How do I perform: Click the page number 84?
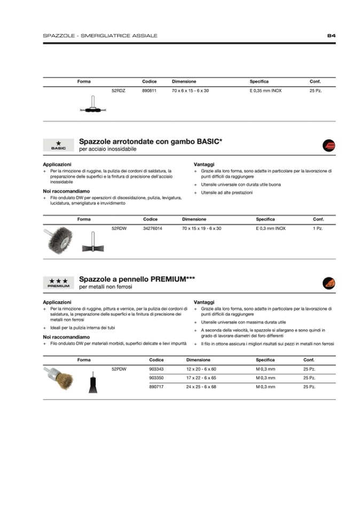pyautogui.click(x=331, y=36)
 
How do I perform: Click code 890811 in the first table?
pyautogui.click(x=149, y=91)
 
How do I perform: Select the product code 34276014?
pyautogui.click(x=153, y=228)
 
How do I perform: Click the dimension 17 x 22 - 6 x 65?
pyautogui.click(x=201, y=377)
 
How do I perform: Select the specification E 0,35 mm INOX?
pyautogui.click(x=265, y=91)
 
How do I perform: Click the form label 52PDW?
pyautogui.click(x=118, y=369)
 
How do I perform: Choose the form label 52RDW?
pyautogui.click(x=118, y=228)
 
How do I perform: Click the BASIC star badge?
pyautogui.click(x=58, y=145)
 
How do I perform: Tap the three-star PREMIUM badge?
pyautogui.click(x=58, y=282)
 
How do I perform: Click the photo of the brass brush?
pyautogui.click(x=58, y=378)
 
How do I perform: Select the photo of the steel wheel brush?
pyautogui.click(x=60, y=240)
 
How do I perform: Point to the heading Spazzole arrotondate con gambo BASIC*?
pyautogui.click(x=151, y=141)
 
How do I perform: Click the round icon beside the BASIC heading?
pyautogui.click(x=329, y=145)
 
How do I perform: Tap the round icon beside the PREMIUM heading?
pyautogui.click(x=329, y=282)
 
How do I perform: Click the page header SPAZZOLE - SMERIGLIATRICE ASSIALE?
pyautogui.click(x=100, y=36)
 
